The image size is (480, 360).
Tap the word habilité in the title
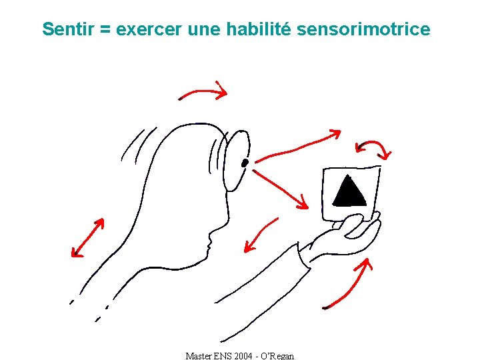259,29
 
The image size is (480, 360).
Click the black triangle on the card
349,191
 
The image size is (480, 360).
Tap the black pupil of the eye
245,162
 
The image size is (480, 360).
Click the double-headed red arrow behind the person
88,238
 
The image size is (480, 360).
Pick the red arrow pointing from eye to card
281,187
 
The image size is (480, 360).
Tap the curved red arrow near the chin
260,233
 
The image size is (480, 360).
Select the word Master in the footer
198,356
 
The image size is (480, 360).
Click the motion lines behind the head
133,143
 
